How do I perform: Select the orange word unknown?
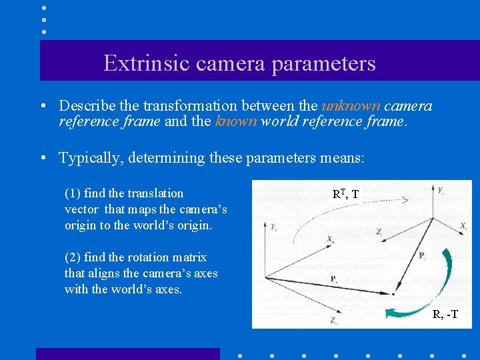pyautogui.click(x=351, y=106)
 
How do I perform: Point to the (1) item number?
pyautogui.click(x=73, y=193)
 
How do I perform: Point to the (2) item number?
pyautogui.click(x=73, y=257)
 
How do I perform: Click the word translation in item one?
pyautogui.click(x=153, y=193)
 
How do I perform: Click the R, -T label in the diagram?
pyautogui.click(x=445, y=315)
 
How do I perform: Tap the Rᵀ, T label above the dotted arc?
pyautogui.click(x=345, y=194)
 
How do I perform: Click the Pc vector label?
pyautogui.click(x=423, y=256)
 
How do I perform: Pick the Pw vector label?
pyautogui.click(x=333, y=279)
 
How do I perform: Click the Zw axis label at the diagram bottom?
pyautogui.click(x=333, y=321)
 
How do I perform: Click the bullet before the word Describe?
pyautogui.click(x=42, y=107)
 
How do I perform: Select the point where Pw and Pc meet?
pyautogui.click(x=394, y=293)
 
